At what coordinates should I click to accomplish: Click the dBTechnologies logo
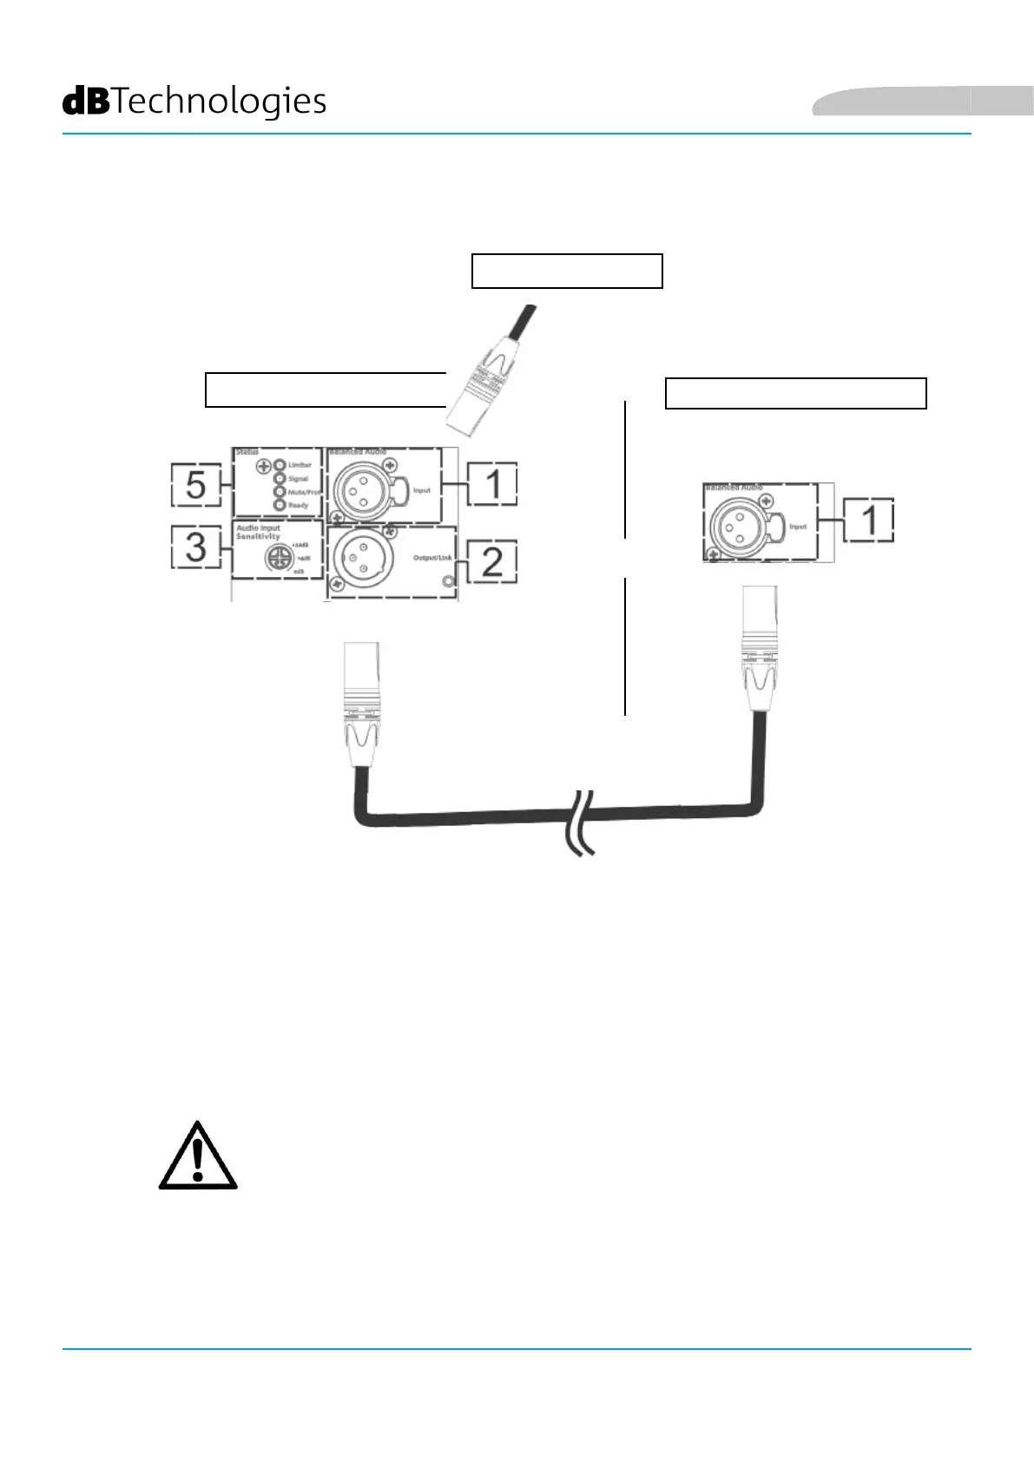[x=194, y=102]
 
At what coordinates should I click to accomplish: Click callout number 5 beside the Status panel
[x=195, y=485]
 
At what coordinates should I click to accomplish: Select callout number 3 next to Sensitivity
[x=195, y=547]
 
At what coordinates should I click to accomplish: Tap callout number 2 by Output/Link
[x=492, y=561]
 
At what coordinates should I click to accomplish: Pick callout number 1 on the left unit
[x=493, y=483]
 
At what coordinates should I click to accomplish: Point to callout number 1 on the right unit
[x=868, y=520]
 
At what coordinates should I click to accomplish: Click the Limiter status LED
[x=280, y=465]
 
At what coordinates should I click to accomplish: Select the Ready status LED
[x=280, y=504]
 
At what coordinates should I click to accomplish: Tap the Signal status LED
[x=280, y=478]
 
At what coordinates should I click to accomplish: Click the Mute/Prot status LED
[x=280, y=491]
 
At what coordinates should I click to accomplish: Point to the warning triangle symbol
[x=198, y=1156]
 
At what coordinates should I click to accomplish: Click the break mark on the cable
[x=581, y=822]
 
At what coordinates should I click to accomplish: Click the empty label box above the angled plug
[x=567, y=271]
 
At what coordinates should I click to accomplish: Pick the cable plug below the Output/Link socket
[x=361, y=703]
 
